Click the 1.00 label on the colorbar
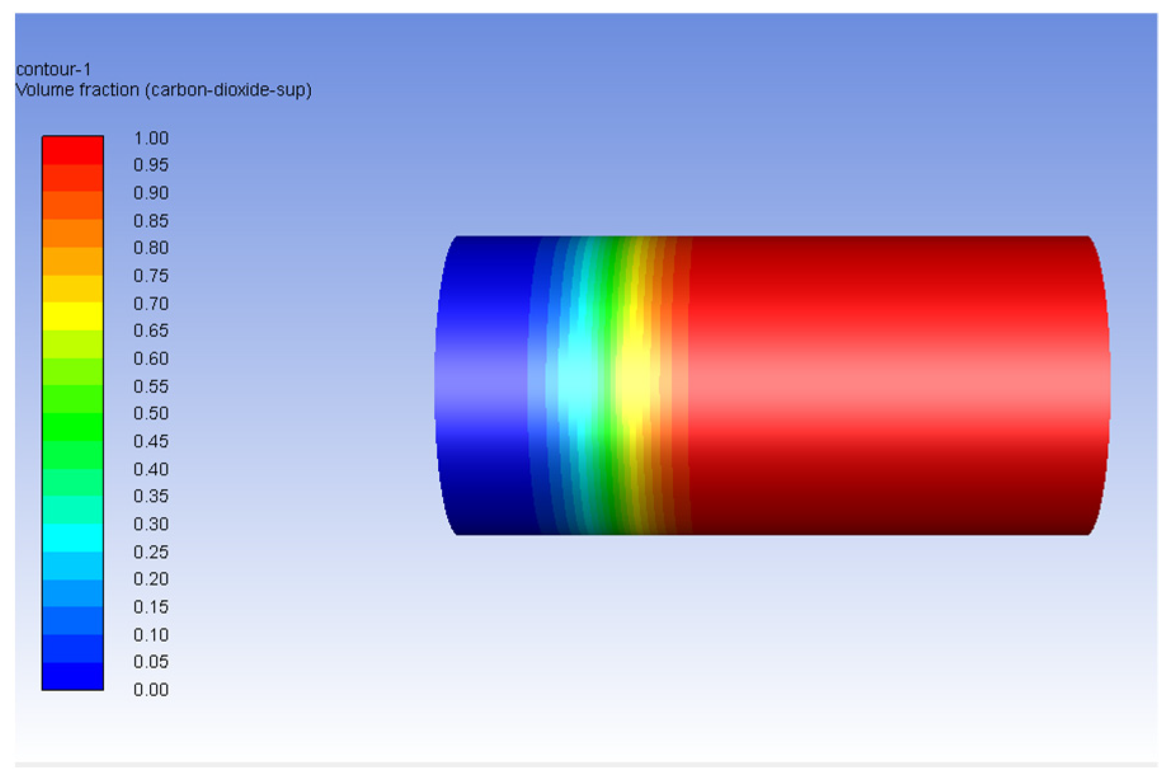click(150, 138)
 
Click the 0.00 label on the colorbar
click(150, 689)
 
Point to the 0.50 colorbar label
click(150, 413)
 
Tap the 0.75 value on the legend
click(150, 276)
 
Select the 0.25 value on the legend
click(150, 552)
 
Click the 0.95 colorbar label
click(150, 165)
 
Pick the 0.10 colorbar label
click(150, 635)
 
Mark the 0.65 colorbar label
click(150, 331)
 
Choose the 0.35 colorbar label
click(150, 496)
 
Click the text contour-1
click(53, 69)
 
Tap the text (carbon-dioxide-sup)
click(228, 90)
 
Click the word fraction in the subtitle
click(110, 90)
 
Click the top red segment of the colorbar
click(72, 150)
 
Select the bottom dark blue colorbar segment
click(72, 676)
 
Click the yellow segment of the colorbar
click(72, 316)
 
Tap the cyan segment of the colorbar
click(72, 538)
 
